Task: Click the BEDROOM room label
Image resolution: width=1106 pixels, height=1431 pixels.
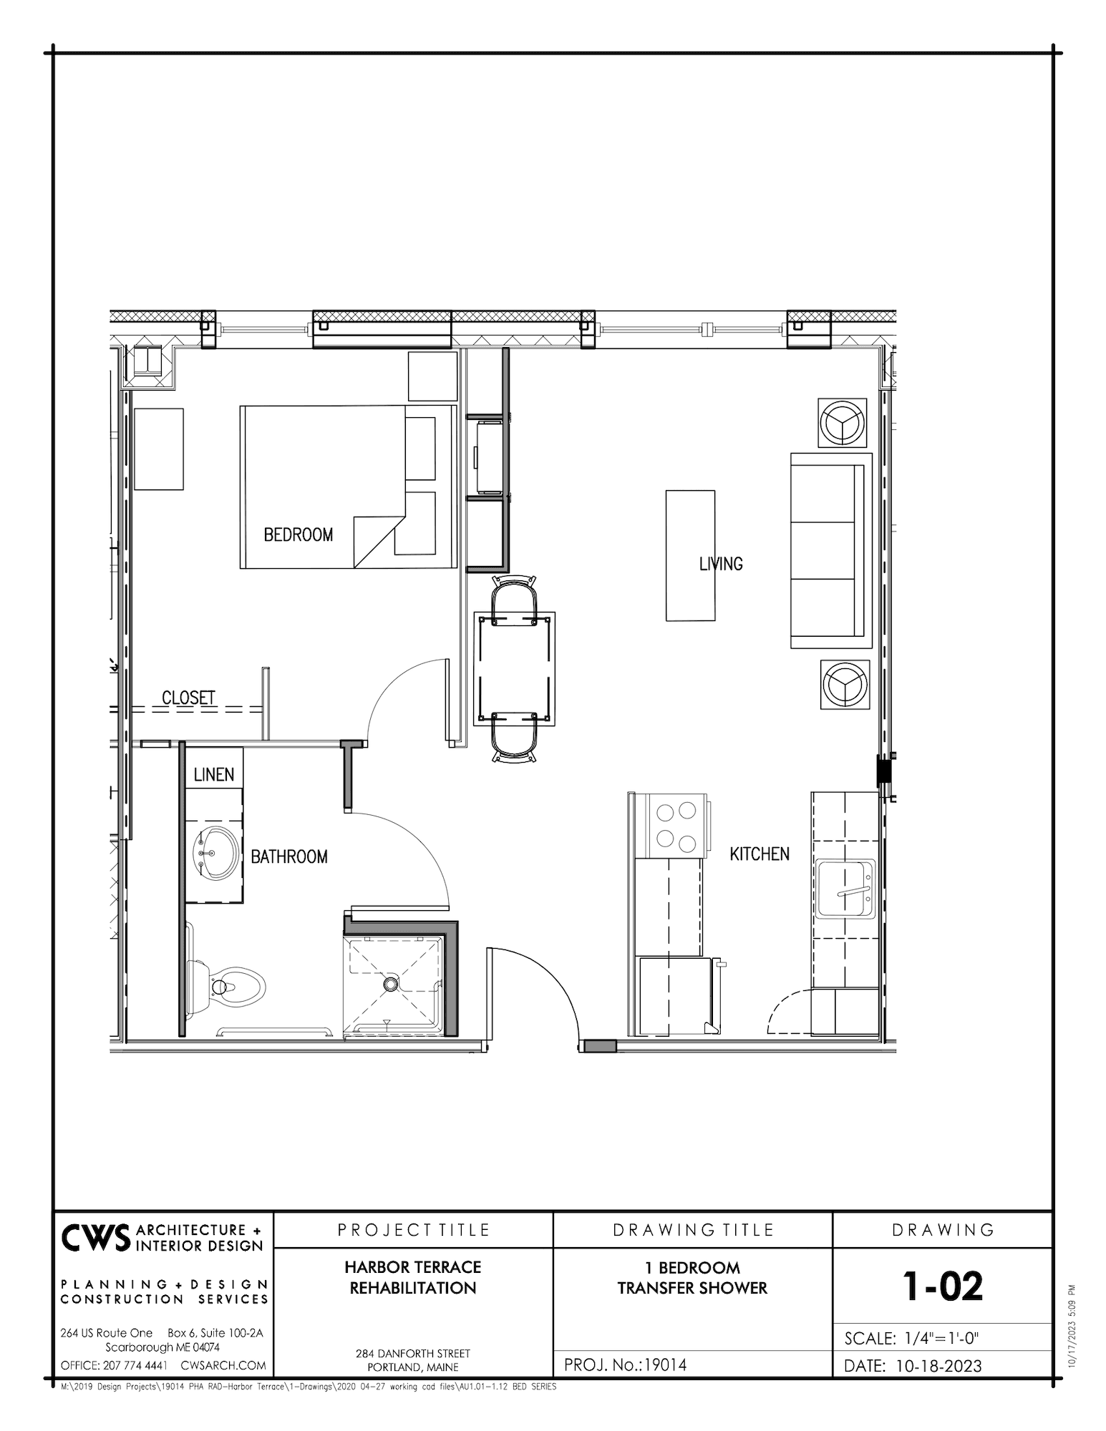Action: pos(298,534)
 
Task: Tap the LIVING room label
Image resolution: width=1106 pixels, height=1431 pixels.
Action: pos(721,564)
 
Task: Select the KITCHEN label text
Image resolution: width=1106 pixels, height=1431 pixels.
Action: pos(760,854)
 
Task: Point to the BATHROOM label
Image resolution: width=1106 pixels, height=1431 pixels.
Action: pos(289,856)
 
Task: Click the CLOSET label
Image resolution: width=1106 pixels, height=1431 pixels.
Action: pos(188,698)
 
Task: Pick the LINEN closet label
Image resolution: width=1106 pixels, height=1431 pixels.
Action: pos(213,775)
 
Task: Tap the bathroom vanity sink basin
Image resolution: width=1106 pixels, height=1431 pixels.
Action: pos(215,854)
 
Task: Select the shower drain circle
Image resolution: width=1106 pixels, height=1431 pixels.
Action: pos(391,985)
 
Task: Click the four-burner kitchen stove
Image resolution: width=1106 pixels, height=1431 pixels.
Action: pos(676,826)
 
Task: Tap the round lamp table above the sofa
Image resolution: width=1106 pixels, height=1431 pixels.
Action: pos(843,422)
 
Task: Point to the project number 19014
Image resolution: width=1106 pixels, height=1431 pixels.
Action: pos(665,1364)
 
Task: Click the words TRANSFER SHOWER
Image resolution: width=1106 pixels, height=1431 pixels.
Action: pos(692,1287)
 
